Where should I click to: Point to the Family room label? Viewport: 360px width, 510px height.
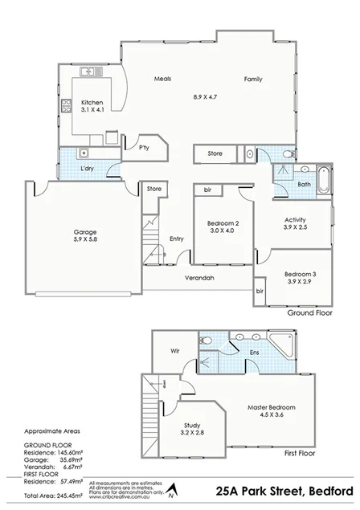click(x=254, y=79)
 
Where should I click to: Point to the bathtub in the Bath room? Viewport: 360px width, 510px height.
click(x=321, y=179)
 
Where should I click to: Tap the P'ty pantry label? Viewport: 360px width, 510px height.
click(x=145, y=148)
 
